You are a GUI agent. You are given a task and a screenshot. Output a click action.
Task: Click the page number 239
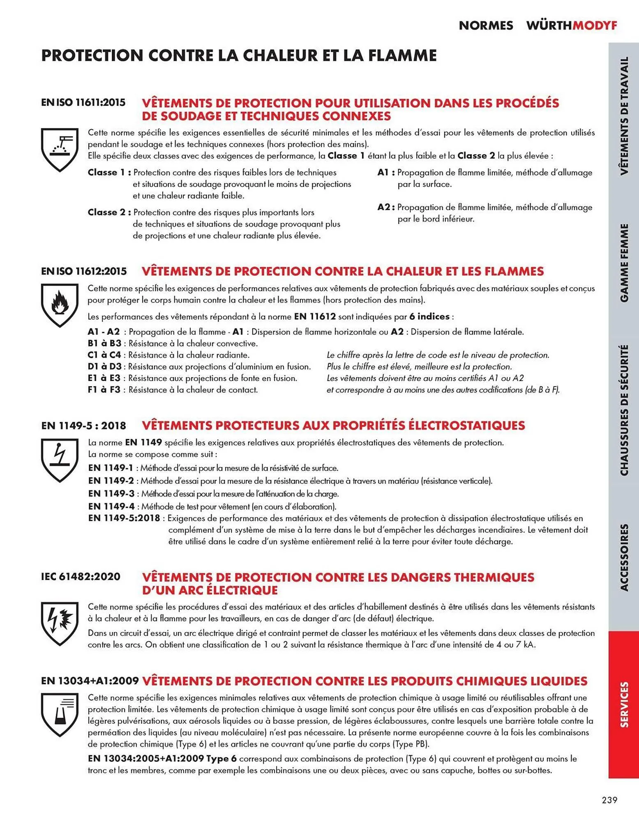coord(609,800)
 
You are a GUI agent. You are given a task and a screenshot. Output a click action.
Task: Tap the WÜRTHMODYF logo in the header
coord(572,25)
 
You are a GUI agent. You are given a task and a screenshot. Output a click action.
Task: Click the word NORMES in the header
coord(486,25)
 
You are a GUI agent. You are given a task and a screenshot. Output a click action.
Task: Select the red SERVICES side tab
coord(624,704)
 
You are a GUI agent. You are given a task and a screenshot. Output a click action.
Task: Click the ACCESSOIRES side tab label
coord(624,557)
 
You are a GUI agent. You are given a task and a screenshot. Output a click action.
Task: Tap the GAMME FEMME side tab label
coord(624,263)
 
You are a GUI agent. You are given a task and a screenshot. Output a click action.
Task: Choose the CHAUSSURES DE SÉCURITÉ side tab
coord(624,410)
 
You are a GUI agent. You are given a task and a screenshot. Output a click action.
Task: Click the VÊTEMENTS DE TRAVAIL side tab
coord(624,116)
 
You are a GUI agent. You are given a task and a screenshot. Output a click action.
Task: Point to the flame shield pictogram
coord(60,305)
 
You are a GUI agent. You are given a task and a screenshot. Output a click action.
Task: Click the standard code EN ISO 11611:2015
coord(83,102)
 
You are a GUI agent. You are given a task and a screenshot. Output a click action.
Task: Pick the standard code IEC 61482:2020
coord(81,576)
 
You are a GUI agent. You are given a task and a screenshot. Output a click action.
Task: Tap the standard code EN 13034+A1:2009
coord(90,681)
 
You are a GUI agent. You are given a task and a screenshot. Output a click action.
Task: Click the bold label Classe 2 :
coord(109,212)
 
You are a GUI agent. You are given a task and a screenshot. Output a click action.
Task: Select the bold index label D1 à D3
coord(104,367)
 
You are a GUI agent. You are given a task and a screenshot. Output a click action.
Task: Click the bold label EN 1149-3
coord(111,493)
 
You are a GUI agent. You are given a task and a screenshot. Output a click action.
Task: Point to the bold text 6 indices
coord(429,316)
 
